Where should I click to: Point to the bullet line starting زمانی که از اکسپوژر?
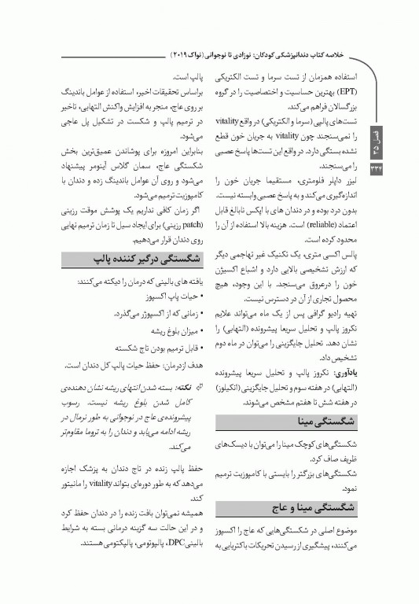coord(162,314)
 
